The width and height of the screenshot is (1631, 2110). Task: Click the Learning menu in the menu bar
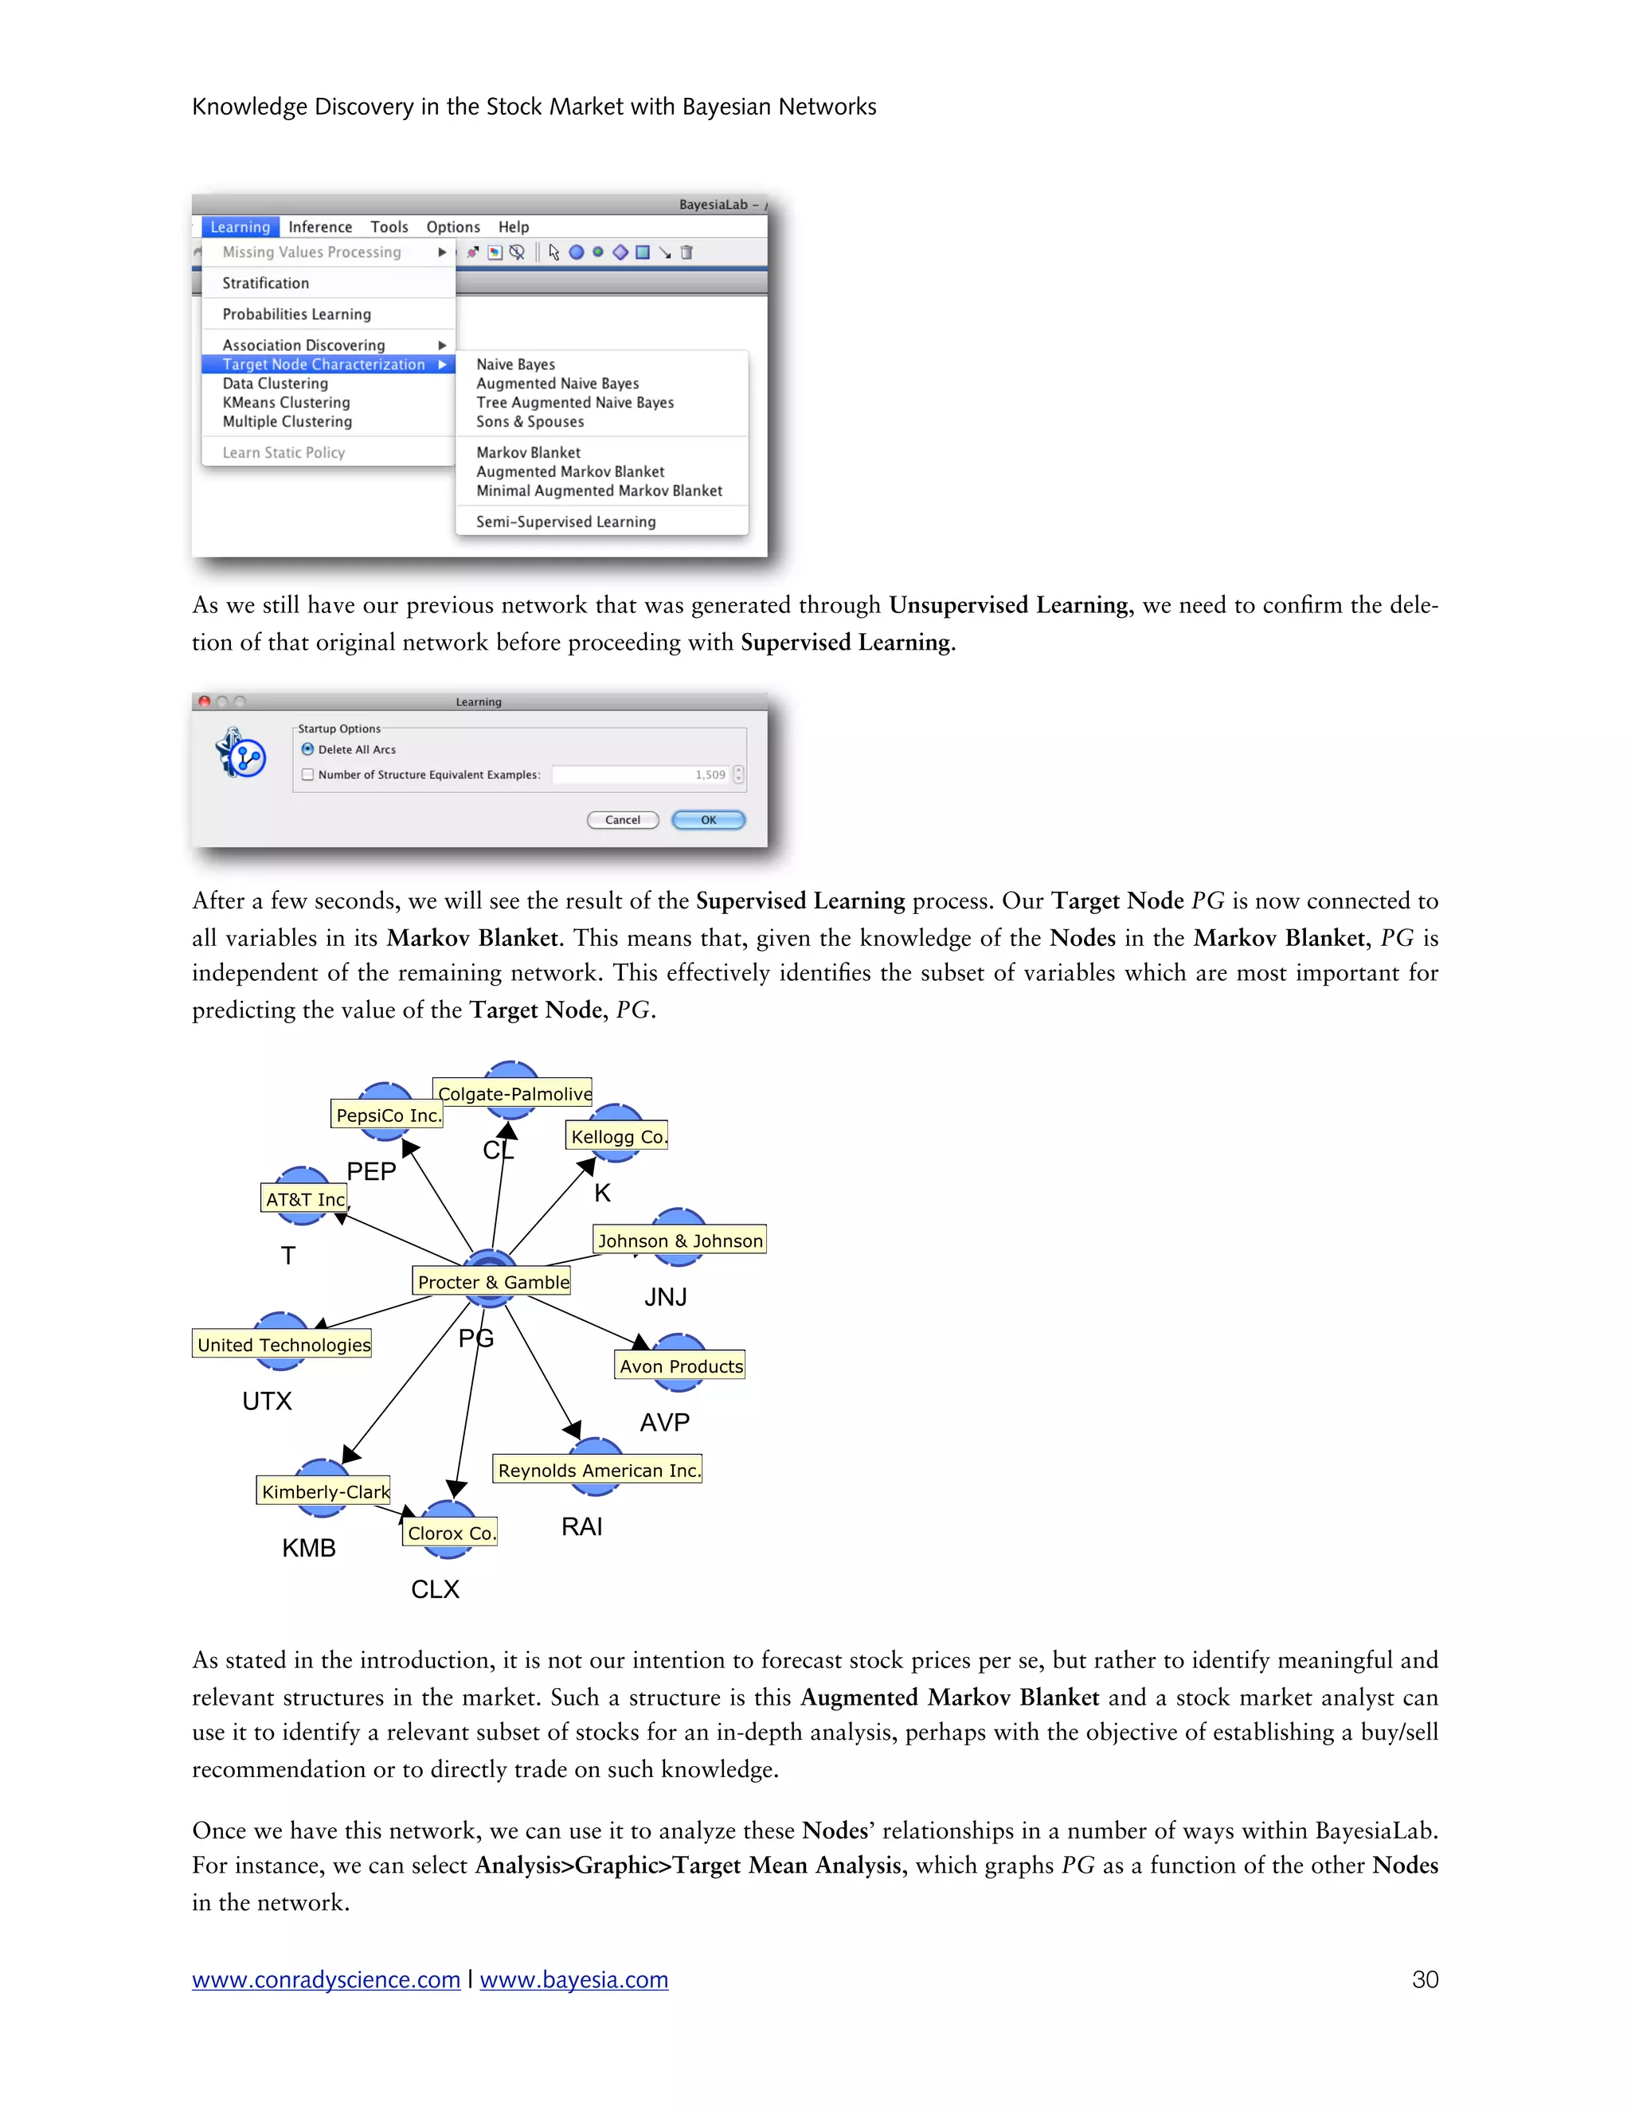241,227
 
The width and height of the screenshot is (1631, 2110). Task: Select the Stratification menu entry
266,283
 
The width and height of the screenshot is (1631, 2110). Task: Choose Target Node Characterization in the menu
323,364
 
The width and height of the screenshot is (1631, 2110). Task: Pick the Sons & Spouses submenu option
530,421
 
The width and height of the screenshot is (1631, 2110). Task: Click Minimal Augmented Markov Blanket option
599,490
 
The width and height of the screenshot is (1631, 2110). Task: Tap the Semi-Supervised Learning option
565,522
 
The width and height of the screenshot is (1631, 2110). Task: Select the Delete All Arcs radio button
307,750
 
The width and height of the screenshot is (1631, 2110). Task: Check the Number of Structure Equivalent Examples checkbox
307,775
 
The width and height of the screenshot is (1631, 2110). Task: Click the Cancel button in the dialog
622,820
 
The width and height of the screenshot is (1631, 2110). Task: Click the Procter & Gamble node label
493,1282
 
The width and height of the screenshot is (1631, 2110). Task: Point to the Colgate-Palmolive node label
514,1094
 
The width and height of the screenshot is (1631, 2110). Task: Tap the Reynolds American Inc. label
598,1471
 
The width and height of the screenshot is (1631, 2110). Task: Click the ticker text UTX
267,1401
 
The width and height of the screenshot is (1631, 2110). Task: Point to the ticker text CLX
435,1589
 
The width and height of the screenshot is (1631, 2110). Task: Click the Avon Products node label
680,1366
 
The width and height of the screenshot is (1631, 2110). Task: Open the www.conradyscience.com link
326,1979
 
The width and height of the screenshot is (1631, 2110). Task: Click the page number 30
1424,1979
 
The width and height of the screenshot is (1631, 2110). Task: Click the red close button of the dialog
204,701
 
